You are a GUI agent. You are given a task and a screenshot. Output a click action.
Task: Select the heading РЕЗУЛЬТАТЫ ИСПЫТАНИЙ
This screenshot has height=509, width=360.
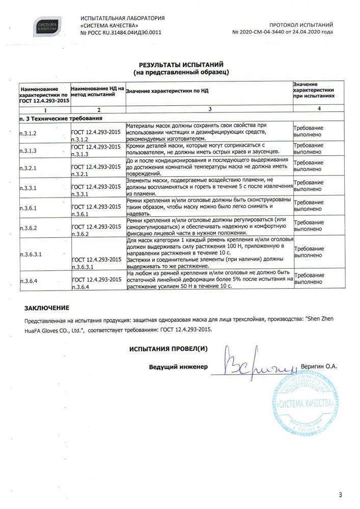(181, 65)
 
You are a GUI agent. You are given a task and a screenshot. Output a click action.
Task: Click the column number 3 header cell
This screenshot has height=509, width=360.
(209, 109)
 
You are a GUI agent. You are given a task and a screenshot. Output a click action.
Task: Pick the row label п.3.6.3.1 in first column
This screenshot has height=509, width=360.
(31, 253)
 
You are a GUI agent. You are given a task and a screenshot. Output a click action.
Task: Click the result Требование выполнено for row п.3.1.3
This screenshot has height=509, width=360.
(308, 148)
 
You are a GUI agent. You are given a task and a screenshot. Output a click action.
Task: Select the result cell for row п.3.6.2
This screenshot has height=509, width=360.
(308, 228)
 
